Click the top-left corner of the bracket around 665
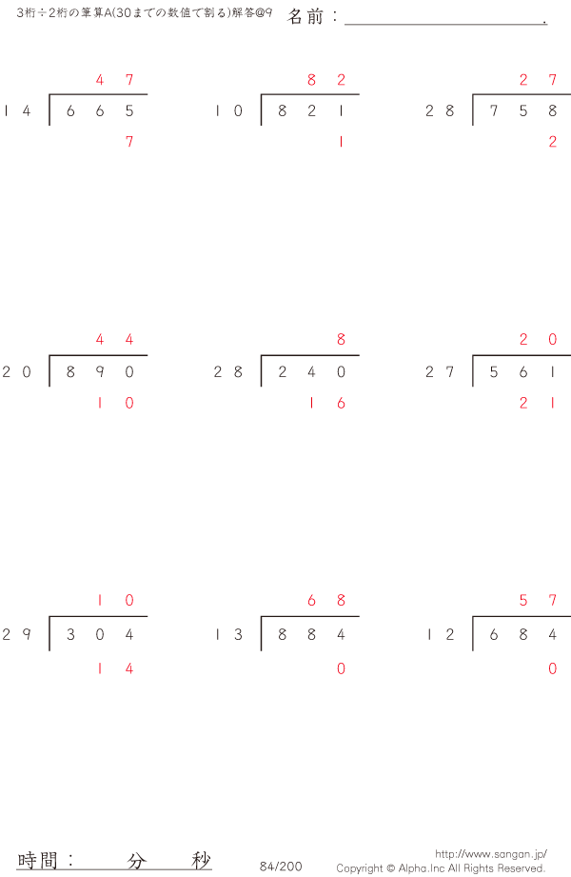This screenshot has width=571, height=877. pos(49,94)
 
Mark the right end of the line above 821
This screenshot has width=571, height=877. pos(359,94)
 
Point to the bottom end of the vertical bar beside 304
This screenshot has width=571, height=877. pos(49,650)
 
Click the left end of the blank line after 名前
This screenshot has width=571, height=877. pos(345,24)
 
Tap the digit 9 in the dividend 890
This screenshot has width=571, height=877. pos(100,372)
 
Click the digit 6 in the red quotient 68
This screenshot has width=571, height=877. pos(311,600)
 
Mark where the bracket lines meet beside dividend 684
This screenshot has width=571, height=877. pos(473,616)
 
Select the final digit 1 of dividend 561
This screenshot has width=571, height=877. pos(553,372)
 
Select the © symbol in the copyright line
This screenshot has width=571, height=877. pos(390,868)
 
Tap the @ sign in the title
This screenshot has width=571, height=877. pos(260,13)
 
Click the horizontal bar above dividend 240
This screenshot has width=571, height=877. pos(310,355)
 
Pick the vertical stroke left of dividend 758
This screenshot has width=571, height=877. pos(473,110)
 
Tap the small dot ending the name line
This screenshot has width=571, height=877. pos(544,23)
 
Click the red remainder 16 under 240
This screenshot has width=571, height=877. pos(326,403)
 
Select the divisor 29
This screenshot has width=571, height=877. pos(16,634)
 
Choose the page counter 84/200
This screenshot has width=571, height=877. pos(281,867)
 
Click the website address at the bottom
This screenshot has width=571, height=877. pos(491,854)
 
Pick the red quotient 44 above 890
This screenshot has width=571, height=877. pos(114,340)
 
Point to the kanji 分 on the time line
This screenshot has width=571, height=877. pos(136,860)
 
